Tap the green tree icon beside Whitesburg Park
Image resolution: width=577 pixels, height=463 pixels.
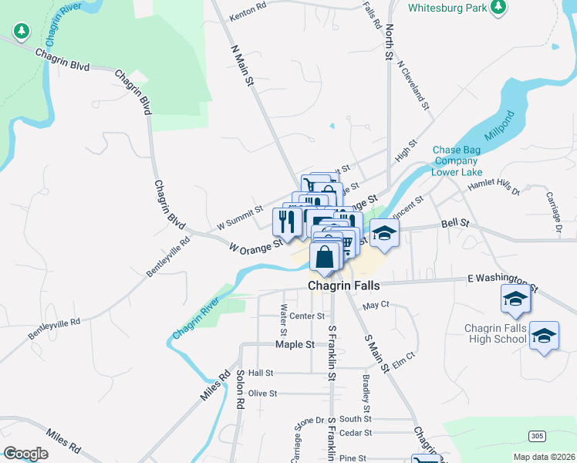click(x=499, y=7)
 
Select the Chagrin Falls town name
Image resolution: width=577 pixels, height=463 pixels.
click(x=344, y=286)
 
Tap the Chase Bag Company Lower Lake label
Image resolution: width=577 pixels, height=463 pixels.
click(x=457, y=161)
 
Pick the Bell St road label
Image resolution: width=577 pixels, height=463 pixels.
click(x=455, y=223)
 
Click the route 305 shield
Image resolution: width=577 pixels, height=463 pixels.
click(x=538, y=437)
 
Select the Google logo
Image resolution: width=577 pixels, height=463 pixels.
click(x=25, y=453)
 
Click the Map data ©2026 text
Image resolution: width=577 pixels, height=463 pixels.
click(x=543, y=457)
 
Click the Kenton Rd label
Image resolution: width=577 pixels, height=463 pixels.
click(x=248, y=5)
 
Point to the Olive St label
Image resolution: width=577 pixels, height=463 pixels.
click(x=262, y=394)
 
